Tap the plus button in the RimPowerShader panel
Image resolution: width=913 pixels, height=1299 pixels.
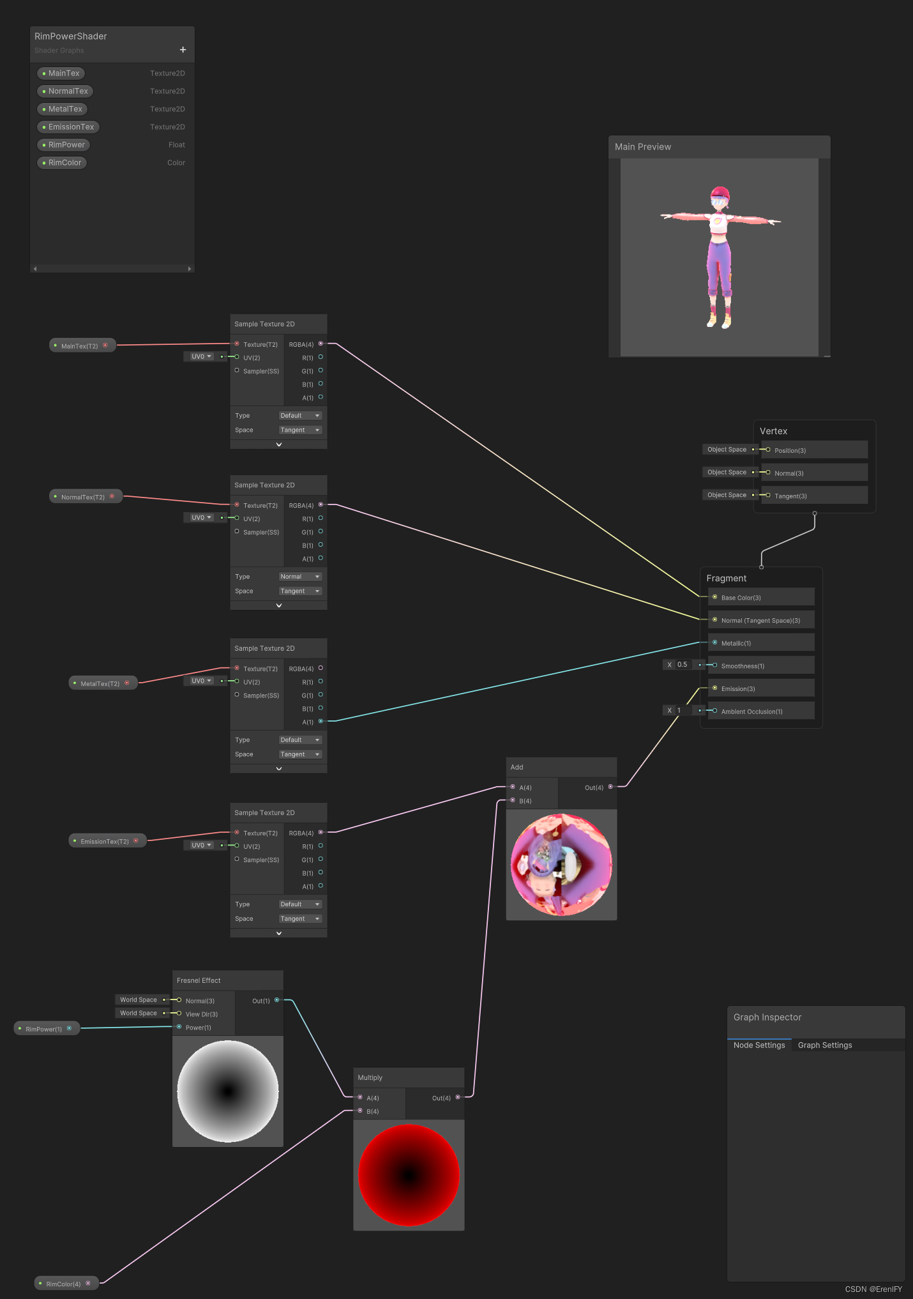[183, 50]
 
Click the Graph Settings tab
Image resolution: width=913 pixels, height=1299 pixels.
[824, 1045]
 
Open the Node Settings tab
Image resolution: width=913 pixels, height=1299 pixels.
[758, 1045]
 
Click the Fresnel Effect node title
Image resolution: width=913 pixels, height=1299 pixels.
[199, 980]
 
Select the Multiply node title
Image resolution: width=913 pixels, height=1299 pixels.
[370, 1077]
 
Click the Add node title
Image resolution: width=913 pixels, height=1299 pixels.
[517, 767]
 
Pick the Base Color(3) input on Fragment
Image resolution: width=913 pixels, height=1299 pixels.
[741, 598]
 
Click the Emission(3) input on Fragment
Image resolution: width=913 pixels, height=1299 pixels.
[737, 688]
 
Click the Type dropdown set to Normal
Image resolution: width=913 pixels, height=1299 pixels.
[299, 577]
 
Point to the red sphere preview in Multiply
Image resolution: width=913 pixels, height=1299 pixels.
[409, 1175]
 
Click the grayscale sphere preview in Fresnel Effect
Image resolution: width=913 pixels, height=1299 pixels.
[228, 1091]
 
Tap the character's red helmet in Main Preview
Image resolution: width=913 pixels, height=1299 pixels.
[720, 193]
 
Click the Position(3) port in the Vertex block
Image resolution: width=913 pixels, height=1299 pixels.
[790, 450]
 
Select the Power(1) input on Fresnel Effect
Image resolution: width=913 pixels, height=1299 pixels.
[197, 1028]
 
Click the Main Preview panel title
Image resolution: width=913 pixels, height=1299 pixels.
[643, 147]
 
